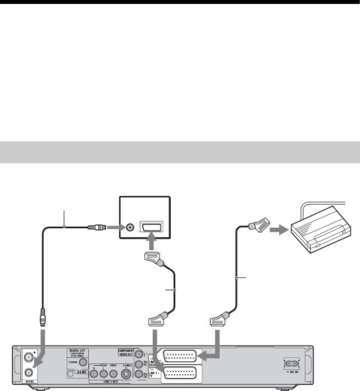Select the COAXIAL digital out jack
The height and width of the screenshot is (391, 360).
click(83, 362)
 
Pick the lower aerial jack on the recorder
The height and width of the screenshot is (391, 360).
click(28, 371)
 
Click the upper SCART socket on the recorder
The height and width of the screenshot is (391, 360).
click(180, 357)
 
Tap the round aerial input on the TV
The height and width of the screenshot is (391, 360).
click(131, 228)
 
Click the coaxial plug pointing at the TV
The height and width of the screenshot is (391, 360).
click(97, 228)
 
